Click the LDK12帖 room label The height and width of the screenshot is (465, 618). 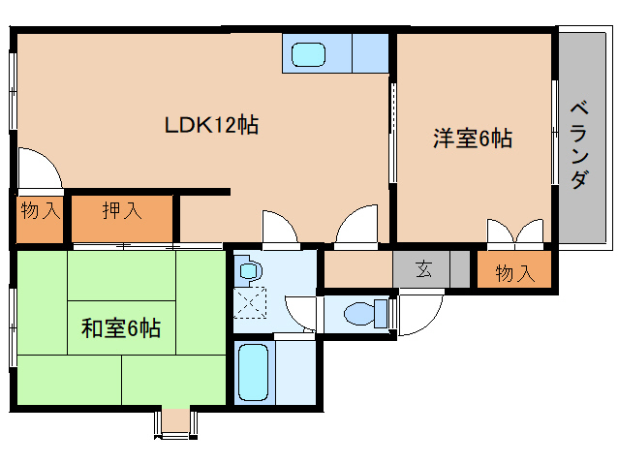click(x=211, y=125)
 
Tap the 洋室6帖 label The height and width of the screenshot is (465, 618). click(x=473, y=139)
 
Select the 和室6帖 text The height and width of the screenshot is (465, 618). click(x=121, y=327)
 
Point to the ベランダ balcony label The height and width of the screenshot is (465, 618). click(x=580, y=145)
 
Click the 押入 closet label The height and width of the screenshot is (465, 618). click(x=122, y=210)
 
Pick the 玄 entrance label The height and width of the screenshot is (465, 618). click(x=423, y=269)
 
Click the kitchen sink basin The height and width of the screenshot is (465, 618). click(x=308, y=54)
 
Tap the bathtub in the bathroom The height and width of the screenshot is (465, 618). click(x=254, y=372)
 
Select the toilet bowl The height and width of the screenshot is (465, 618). click(x=359, y=314)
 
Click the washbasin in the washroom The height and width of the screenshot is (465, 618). click(x=248, y=271)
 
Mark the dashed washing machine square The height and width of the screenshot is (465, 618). click(x=250, y=302)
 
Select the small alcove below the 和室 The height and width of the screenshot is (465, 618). click(x=175, y=421)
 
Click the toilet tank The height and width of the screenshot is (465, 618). click(x=381, y=313)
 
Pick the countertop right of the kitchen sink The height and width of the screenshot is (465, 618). click(x=370, y=53)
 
